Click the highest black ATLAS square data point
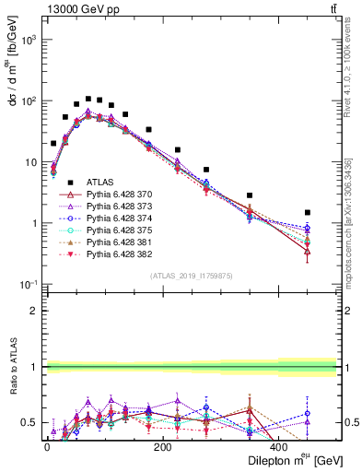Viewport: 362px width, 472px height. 88,99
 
